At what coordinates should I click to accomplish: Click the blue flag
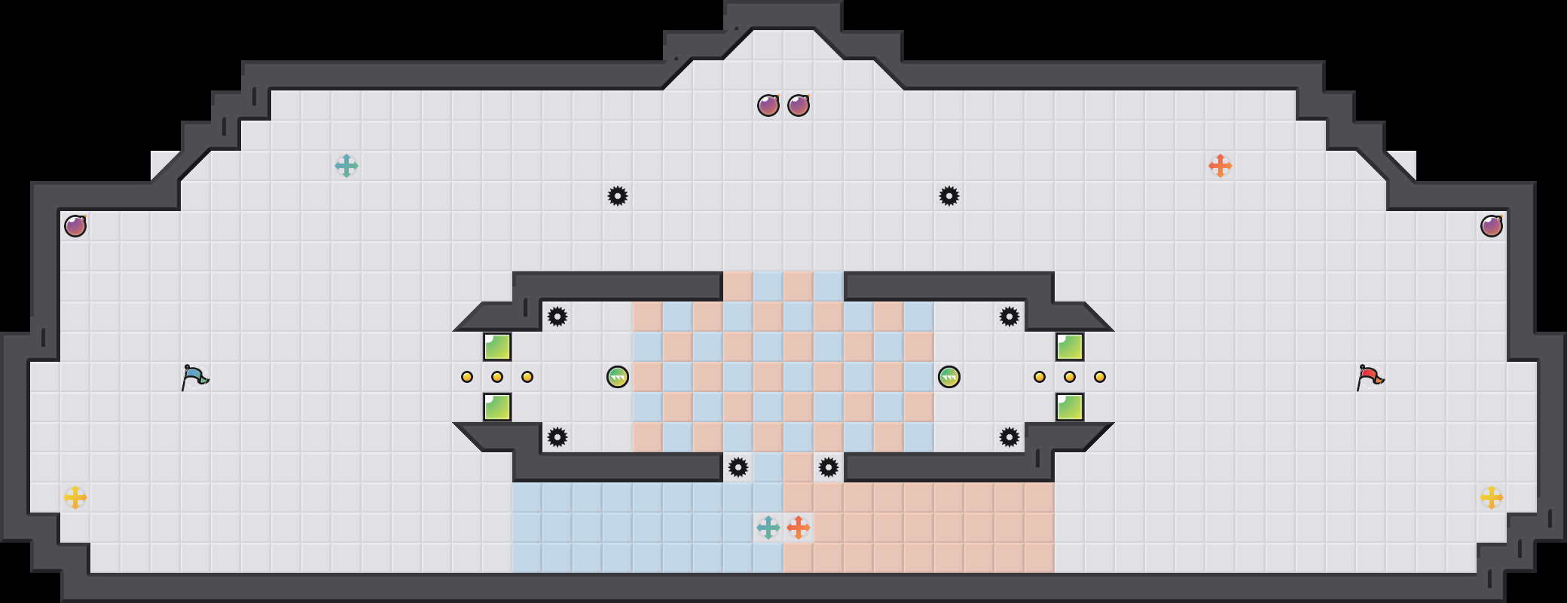click(x=194, y=377)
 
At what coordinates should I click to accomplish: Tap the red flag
click(x=1370, y=377)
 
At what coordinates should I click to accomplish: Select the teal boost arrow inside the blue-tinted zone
click(x=768, y=528)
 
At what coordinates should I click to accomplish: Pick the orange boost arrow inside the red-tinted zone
click(x=799, y=528)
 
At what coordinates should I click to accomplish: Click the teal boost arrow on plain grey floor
click(x=347, y=166)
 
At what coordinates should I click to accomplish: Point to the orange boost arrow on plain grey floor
click(x=1220, y=166)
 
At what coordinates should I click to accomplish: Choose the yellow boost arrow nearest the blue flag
click(x=75, y=497)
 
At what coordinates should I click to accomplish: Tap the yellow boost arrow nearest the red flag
click(x=1492, y=497)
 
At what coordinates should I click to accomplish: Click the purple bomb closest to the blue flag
click(x=75, y=226)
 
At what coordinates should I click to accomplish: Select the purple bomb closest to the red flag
click(x=1492, y=226)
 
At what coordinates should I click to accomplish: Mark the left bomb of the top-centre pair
click(x=768, y=106)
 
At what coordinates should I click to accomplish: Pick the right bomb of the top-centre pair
click(x=799, y=106)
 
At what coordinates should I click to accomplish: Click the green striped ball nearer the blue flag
click(x=618, y=377)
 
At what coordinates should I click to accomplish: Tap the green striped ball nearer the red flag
click(x=949, y=377)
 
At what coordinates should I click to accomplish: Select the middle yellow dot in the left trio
click(x=497, y=377)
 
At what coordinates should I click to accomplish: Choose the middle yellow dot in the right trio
click(x=1070, y=377)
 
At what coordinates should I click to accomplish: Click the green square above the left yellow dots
click(x=497, y=347)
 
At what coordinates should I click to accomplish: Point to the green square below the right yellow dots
click(x=1070, y=407)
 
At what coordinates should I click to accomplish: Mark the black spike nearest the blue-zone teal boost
click(x=738, y=467)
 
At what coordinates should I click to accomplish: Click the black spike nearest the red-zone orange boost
click(x=829, y=467)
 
